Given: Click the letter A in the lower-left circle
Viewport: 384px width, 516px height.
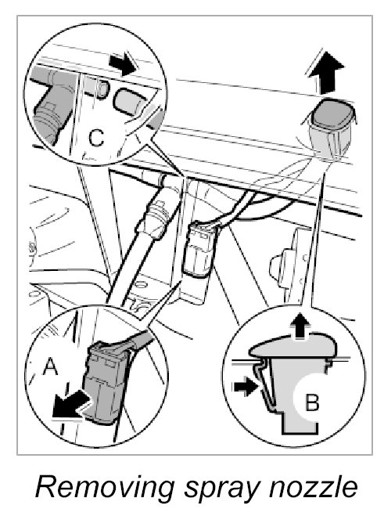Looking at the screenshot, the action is [51, 366].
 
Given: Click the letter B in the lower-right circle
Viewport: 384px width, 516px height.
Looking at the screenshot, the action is [312, 402].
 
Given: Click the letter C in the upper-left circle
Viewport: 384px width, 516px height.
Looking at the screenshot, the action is [96, 138].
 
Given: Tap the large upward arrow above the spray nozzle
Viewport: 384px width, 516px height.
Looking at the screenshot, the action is [326, 72].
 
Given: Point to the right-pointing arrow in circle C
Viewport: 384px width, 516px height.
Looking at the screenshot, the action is [122, 64].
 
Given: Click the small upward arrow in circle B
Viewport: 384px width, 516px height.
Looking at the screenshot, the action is [300, 326].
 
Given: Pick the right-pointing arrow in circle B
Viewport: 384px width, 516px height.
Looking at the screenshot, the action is [245, 387].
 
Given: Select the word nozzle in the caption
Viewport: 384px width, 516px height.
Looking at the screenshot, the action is [313, 488].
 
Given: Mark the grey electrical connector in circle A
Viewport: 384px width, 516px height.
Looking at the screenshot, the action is [106, 382].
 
